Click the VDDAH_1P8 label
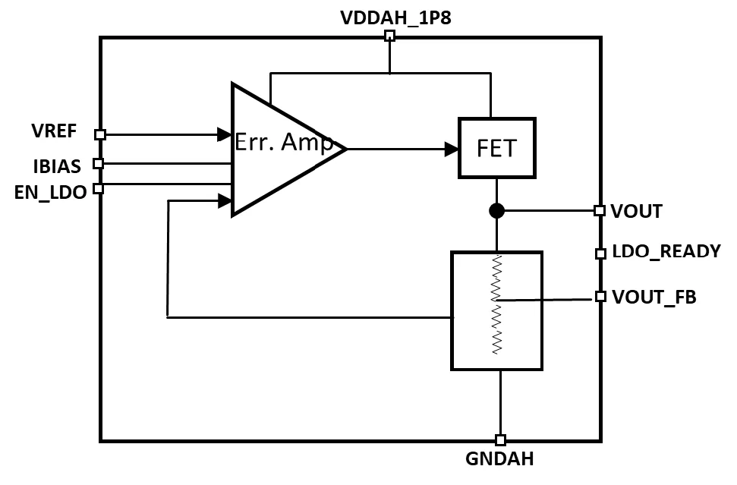point(395,17)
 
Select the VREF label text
point(54,131)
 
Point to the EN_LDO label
point(50,192)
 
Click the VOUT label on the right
point(637,212)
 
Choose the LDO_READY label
point(666,252)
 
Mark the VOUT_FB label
point(654,297)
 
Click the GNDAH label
point(499,458)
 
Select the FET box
point(497,148)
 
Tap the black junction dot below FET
point(497,210)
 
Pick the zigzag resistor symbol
point(497,304)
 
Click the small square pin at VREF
point(99,134)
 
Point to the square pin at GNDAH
point(499,439)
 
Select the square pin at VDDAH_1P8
point(389,36)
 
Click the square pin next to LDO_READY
point(600,253)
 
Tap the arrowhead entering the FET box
point(452,149)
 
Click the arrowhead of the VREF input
point(225,134)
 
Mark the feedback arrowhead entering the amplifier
point(225,200)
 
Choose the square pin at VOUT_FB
point(600,296)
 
